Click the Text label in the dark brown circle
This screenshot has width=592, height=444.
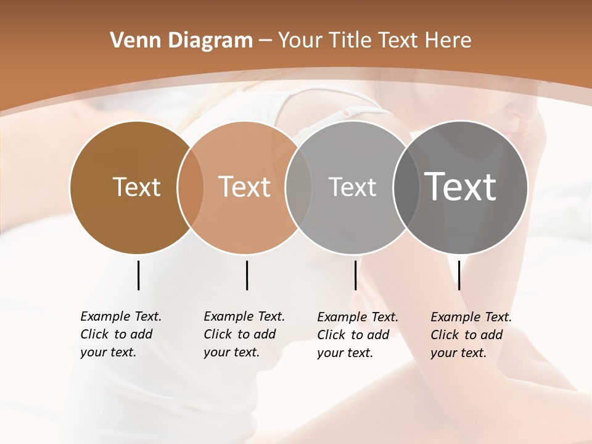pyautogui.click(x=136, y=187)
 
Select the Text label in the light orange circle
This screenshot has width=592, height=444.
pyautogui.click(x=245, y=187)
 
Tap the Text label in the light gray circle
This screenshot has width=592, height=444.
pyautogui.click(x=352, y=187)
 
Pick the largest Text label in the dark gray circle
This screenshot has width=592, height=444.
pyautogui.click(x=461, y=186)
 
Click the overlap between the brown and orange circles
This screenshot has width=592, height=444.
pyautogui.click(x=191, y=187)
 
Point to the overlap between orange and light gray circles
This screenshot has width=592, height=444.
pyautogui.click(x=298, y=187)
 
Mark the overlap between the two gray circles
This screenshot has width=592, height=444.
pyautogui.click(x=406, y=187)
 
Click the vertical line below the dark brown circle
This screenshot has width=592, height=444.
pyautogui.click(x=138, y=275)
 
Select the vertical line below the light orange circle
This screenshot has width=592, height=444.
pyautogui.click(x=247, y=275)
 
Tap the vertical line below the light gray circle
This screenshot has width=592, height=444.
pyautogui.click(x=355, y=275)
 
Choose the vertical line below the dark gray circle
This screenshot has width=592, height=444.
pyautogui.click(x=459, y=275)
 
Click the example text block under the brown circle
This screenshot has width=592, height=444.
pyautogui.click(x=120, y=334)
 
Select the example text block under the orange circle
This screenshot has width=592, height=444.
pyautogui.click(x=244, y=334)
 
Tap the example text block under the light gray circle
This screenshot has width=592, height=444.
pyautogui.click(x=357, y=335)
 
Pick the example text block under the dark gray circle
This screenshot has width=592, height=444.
pyautogui.click(x=471, y=335)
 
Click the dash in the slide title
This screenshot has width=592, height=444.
pyautogui.click(x=265, y=41)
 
